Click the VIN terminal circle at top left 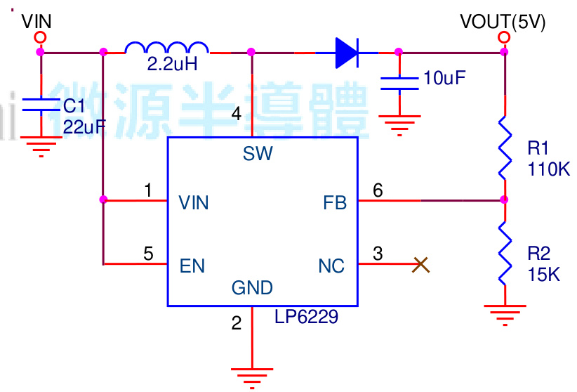click(40, 37)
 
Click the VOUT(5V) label click(503, 22)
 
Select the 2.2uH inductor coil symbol click(166, 48)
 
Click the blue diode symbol click(347, 52)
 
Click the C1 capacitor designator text click(74, 106)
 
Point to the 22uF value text click(85, 126)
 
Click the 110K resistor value click(548, 169)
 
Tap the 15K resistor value click(544, 274)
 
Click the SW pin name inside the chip click(258, 154)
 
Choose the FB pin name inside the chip click(335, 203)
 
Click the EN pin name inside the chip click(192, 266)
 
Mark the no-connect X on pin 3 click(420, 264)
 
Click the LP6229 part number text click(306, 318)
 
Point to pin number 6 click(378, 190)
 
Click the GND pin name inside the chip click(252, 287)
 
